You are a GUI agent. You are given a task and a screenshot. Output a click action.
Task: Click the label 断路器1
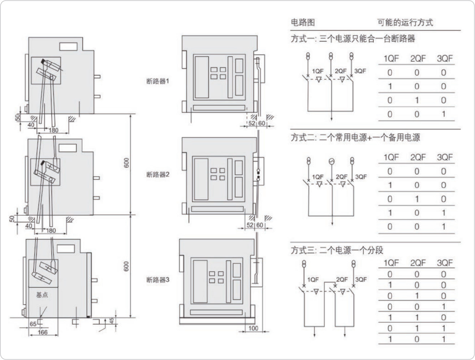(x=157, y=81)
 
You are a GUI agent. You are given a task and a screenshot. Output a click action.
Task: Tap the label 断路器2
(x=157, y=175)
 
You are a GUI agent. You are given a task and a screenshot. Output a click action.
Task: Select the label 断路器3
(x=157, y=279)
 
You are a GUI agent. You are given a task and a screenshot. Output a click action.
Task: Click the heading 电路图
(x=303, y=22)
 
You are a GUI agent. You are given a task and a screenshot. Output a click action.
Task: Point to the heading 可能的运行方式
(x=405, y=22)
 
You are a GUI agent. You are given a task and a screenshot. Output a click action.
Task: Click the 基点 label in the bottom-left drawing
(x=42, y=295)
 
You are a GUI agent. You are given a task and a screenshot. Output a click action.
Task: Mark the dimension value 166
(x=43, y=332)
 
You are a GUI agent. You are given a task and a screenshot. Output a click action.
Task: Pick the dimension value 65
(x=33, y=324)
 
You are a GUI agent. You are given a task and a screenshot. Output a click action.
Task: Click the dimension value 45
(x=112, y=320)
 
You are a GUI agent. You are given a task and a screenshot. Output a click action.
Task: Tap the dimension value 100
(x=254, y=328)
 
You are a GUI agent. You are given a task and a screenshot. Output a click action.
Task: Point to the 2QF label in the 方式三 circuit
(x=342, y=279)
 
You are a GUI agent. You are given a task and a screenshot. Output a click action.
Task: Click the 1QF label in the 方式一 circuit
(x=318, y=71)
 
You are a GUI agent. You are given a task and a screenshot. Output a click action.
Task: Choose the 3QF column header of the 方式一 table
(x=444, y=59)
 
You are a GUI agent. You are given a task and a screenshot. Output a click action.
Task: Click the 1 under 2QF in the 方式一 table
(x=417, y=100)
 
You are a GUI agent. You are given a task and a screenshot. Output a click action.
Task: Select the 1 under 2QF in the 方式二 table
(x=417, y=199)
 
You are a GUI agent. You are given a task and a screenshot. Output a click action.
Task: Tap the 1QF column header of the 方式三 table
(x=391, y=263)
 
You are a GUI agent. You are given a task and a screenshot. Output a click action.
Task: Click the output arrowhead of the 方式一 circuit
(x=332, y=120)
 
